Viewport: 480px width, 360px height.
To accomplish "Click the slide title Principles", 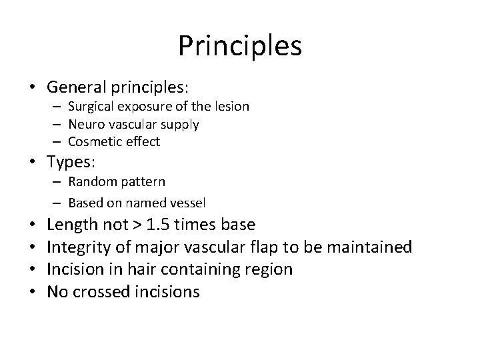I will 240,46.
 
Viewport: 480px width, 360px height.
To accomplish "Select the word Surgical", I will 90,106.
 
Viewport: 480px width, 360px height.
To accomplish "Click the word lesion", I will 233,106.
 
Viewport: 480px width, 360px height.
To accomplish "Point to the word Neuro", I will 84,124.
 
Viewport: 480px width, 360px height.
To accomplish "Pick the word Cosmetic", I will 91,141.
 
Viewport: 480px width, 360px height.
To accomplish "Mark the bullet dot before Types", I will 32,162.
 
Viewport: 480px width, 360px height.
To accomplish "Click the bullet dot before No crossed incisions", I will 32,292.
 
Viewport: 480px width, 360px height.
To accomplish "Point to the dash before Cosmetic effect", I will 58,142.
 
